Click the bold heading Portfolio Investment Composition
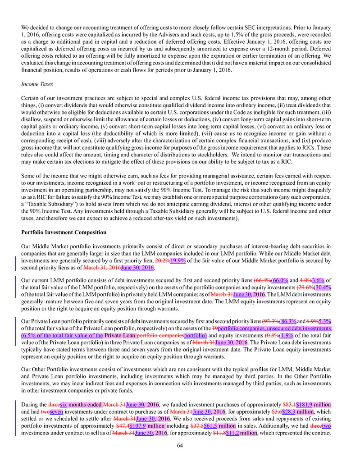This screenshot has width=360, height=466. click(x=64, y=233)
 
